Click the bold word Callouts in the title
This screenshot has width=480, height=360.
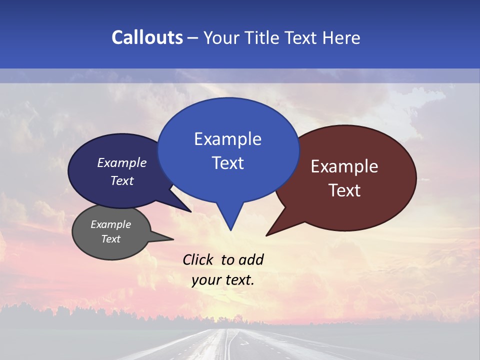point(147,37)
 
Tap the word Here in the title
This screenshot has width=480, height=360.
point(342,37)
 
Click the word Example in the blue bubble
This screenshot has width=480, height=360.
point(227,139)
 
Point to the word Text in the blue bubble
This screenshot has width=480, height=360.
point(227,163)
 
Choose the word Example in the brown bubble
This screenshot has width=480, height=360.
point(344,166)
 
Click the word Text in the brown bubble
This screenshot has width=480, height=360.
point(344,190)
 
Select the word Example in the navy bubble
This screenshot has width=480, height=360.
point(121,163)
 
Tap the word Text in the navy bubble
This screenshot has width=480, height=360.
point(121,180)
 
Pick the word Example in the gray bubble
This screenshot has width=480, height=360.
point(110,224)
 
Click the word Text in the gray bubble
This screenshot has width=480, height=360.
point(110,239)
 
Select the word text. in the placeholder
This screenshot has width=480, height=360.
point(238,280)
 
